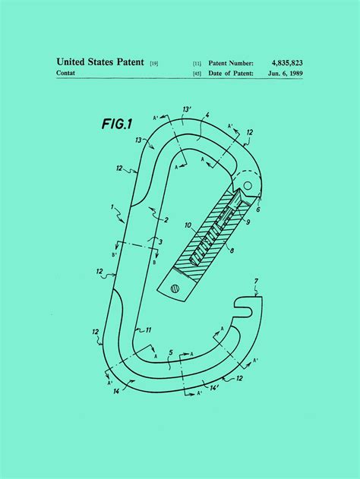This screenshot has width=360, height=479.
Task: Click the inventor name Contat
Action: (x=68, y=73)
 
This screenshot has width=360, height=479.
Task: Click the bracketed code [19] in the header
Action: (x=154, y=62)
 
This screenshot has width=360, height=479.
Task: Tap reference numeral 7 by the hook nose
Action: (x=256, y=281)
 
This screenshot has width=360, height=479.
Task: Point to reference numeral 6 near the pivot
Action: (x=257, y=209)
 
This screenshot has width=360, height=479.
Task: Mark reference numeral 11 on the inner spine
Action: (x=149, y=329)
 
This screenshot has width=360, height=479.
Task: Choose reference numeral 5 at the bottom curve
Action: (x=172, y=351)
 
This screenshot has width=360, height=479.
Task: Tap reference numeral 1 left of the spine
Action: (x=112, y=206)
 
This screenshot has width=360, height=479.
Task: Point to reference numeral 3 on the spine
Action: (x=159, y=241)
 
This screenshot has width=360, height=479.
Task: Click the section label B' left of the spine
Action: (x=115, y=256)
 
